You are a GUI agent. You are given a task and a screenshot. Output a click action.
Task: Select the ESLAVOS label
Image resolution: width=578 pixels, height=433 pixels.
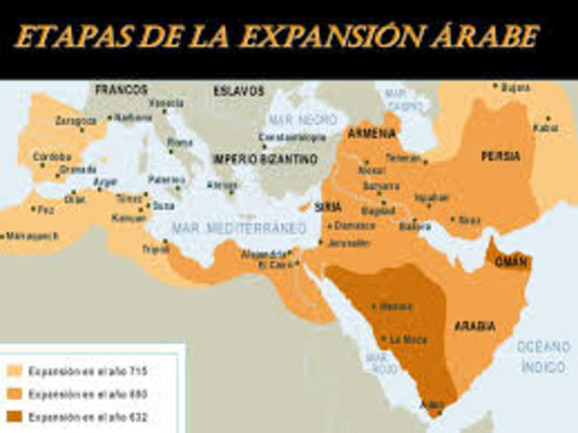tap(238, 90)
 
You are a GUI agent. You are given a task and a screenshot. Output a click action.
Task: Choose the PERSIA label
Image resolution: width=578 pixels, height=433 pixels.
tap(500, 155)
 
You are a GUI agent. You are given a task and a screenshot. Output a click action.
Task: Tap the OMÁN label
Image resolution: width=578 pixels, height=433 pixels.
tap(510, 260)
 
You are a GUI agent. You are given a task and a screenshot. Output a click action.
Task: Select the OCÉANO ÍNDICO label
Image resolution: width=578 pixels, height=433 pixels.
tap(544, 355)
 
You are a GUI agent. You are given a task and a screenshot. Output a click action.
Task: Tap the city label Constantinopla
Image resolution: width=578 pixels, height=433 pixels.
tap(289, 137)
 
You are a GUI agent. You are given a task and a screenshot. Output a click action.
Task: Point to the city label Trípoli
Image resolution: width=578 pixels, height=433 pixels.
tap(155, 248)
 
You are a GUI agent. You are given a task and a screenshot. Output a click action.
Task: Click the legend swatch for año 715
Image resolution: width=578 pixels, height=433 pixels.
tap(14, 371)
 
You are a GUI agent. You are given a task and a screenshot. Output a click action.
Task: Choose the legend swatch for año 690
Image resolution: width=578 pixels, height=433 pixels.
tap(14, 393)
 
